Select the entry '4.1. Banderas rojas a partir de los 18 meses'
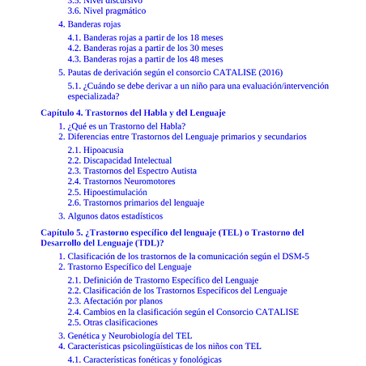145,37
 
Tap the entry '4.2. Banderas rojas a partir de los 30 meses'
145,48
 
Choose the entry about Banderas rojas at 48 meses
145,59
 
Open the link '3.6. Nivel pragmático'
106,11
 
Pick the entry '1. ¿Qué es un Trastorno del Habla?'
121,126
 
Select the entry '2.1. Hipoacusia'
96,150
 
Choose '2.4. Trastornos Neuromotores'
121,181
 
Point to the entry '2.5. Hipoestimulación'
107,192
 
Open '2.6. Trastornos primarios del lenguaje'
135,202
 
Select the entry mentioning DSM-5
183,256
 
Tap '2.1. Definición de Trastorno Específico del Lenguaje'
163,280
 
